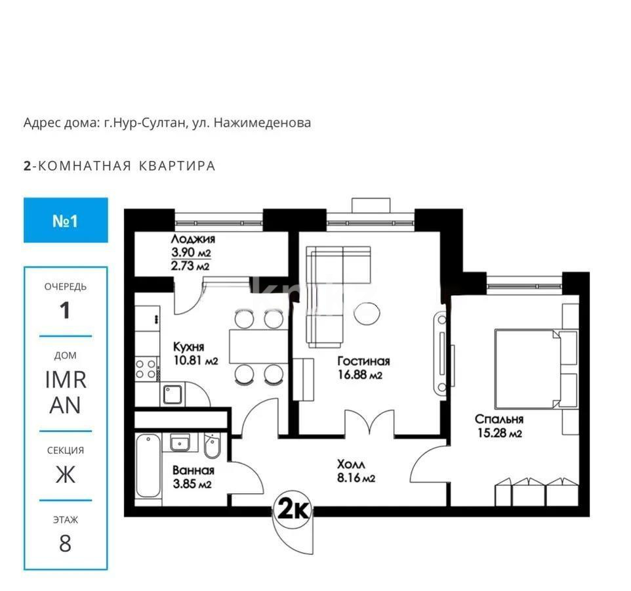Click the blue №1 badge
(x=66, y=221)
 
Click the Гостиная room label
(x=363, y=361)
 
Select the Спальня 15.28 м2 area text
(x=499, y=433)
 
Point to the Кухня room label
(x=188, y=347)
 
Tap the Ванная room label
(x=193, y=470)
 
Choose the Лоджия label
(x=193, y=240)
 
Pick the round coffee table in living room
(x=367, y=312)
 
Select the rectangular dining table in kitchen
(x=256, y=345)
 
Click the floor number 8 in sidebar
(x=65, y=544)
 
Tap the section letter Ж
(x=65, y=474)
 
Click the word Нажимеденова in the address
(x=262, y=123)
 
